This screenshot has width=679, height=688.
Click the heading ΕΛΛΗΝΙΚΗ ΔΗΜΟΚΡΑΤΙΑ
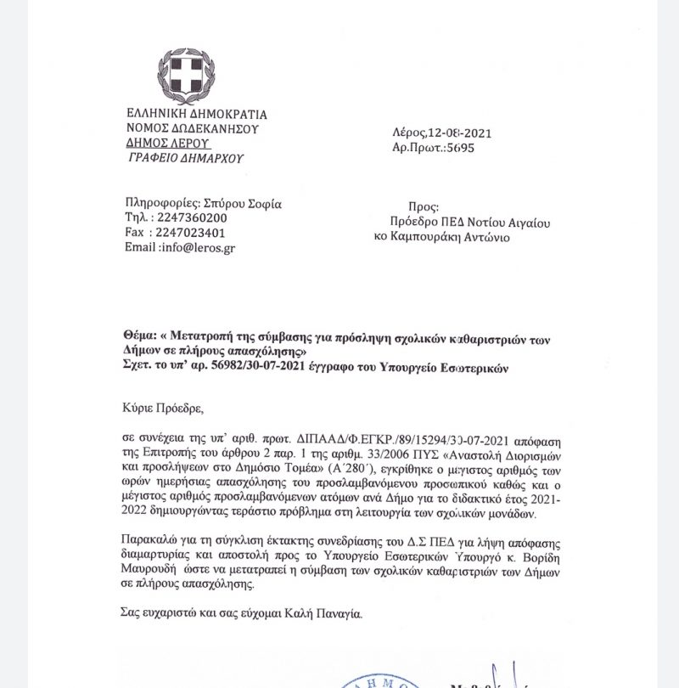(x=196, y=114)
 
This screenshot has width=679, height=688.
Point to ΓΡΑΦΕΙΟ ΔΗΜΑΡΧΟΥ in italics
(x=186, y=157)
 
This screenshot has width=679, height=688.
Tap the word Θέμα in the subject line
(x=139, y=337)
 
